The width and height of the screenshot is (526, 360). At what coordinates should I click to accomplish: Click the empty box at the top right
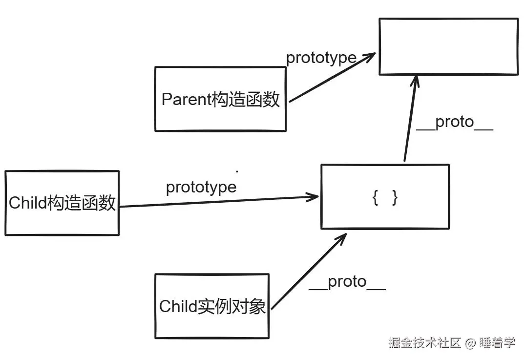coord(448,46)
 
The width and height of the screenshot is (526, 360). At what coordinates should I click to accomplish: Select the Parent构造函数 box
coord(220,99)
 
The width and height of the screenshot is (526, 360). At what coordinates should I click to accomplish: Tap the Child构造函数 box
coord(62,203)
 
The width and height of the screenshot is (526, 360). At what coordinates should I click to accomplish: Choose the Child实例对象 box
coord(212,306)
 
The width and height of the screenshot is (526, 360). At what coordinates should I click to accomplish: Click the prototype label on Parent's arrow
coord(321,58)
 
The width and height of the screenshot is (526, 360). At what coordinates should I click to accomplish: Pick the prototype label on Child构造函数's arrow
coord(201,187)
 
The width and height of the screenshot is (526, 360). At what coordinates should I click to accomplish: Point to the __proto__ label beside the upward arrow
coord(454,122)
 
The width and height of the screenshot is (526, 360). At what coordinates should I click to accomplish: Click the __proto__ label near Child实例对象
coord(347,282)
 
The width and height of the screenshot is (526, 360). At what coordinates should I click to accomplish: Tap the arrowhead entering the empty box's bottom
coord(415,81)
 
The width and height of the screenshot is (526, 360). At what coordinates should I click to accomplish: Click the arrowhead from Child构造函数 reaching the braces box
coord(313,197)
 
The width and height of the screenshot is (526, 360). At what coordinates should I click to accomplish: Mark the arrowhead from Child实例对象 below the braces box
coord(340,238)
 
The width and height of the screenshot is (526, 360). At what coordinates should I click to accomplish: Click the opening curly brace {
coord(375,198)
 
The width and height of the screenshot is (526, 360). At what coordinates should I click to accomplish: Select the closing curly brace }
coord(395,198)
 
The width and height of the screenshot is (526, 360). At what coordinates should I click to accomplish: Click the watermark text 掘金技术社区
coord(424,343)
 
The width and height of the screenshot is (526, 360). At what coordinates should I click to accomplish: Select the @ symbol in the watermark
coord(470,343)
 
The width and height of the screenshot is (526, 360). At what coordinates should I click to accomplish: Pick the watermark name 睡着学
coord(497,343)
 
